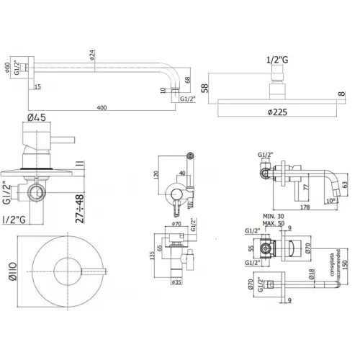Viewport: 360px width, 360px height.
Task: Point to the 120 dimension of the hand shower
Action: click(x=156, y=176)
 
